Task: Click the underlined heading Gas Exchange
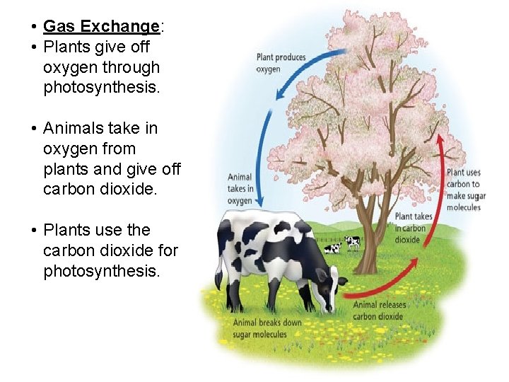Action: point(101,27)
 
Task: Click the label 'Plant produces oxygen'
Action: point(281,63)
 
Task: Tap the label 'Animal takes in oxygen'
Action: point(240,189)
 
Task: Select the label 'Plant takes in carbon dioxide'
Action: point(414,228)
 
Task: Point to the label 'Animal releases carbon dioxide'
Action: point(380,311)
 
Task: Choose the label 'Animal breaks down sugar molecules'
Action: point(267,328)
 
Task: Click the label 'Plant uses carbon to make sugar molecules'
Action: point(464,190)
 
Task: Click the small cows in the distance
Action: point(343,245)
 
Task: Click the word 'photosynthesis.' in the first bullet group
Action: point(101,88)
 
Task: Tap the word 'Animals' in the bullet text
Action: point(73,129)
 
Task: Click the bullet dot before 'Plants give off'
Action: point(33,48)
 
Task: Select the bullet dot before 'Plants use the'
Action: point(33,231)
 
